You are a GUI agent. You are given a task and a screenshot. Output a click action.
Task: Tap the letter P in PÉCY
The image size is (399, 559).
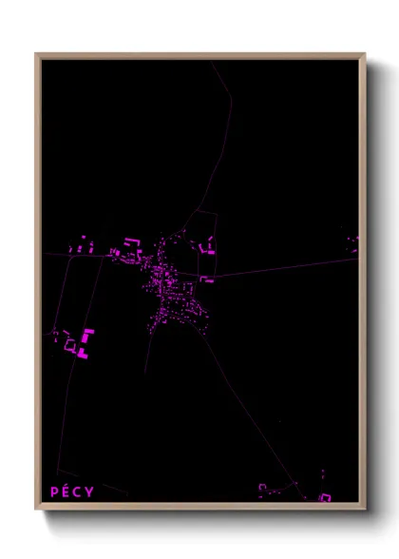tap(55, 492)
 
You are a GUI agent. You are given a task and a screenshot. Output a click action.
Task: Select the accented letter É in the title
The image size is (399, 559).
tap(66, 492)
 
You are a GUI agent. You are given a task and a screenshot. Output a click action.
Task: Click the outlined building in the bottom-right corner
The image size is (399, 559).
tap(325, 497)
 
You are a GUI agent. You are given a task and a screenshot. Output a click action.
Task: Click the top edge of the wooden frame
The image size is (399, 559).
tap(199, 55)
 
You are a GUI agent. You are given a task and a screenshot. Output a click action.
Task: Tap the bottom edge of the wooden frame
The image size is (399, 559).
tap(199, 506)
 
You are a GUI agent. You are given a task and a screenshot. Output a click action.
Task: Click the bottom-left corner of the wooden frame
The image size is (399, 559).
tap(38, 506)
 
